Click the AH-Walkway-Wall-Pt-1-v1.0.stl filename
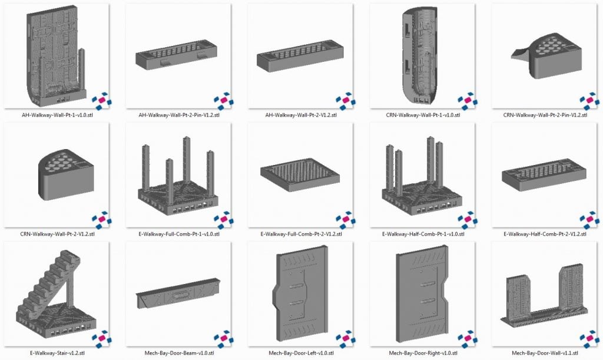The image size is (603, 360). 57,115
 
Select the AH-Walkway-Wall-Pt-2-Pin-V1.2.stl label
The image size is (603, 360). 178,115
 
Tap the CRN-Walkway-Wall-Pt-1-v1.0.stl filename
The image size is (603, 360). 422,115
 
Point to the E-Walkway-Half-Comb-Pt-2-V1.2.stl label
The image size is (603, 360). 544,234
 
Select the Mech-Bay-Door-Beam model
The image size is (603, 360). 178,293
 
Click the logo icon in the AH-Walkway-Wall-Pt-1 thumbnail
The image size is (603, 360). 101,100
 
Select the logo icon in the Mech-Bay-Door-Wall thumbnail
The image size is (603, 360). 589,339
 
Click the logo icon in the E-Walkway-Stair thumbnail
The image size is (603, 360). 101,339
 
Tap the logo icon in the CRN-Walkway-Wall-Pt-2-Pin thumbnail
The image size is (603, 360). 589,100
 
